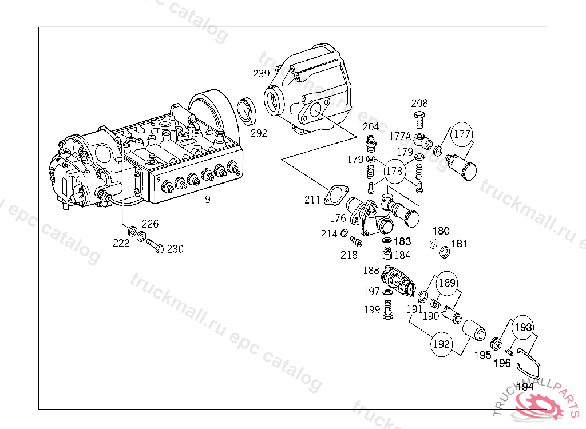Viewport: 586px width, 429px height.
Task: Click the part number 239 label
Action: [261, 74]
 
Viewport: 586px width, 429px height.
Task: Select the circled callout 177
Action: [462, 134]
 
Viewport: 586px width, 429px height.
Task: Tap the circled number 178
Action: [394, 171]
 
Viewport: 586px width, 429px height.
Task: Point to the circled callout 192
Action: [441, 345]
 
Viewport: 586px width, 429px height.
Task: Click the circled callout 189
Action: [448, 282]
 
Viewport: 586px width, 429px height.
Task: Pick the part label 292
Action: [259, 133]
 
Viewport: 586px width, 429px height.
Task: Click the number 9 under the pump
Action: [208, 200]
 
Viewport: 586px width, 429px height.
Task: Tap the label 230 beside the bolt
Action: [175, 249]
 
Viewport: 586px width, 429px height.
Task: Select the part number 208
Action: [419, 104]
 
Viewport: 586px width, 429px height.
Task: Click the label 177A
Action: [400, 136]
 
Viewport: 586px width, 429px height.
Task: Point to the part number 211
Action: [312, 200]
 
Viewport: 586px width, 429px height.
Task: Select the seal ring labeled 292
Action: [247, 110]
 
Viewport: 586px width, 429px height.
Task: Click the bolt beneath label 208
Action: [419, 120]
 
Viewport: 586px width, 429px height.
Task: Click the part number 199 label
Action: [372, 310]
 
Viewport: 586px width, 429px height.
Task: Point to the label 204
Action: [371, 126]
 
